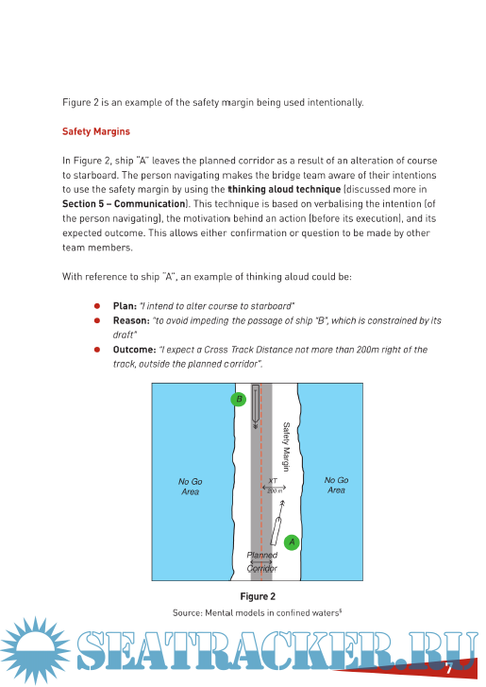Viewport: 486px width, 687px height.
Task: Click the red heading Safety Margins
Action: click(96, 131)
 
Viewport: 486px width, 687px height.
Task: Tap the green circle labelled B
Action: click(239, 399)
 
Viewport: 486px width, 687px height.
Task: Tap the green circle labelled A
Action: click(292, 542)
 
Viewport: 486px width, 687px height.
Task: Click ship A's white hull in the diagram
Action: click(276, 530)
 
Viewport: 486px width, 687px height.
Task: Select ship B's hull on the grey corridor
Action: click(256, 404)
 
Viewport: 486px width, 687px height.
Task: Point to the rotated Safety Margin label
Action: click(286, 446)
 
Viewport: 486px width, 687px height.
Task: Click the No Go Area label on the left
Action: click(191, 487)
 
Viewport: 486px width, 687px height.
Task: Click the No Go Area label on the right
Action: click(336, 485)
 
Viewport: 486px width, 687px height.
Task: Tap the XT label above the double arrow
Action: click(273, 481)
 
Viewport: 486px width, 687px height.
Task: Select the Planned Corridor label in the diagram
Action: click(262, 561)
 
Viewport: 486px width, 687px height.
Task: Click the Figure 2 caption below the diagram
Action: click(258, 596)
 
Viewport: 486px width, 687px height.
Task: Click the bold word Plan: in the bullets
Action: click(125, 306)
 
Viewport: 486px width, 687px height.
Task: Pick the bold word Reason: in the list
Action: click(131, 320)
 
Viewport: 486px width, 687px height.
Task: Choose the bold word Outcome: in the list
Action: click(134, 350)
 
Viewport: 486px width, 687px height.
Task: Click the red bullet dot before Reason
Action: click(97, 320)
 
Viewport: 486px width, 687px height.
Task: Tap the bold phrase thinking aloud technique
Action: click(284, 189)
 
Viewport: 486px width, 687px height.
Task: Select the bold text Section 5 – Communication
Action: click(124, 204)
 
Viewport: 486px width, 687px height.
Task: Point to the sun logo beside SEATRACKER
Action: click(35, 650)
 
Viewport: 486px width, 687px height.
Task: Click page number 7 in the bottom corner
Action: click(448, 669)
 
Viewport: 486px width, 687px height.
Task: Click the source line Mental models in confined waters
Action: click(258, 612)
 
